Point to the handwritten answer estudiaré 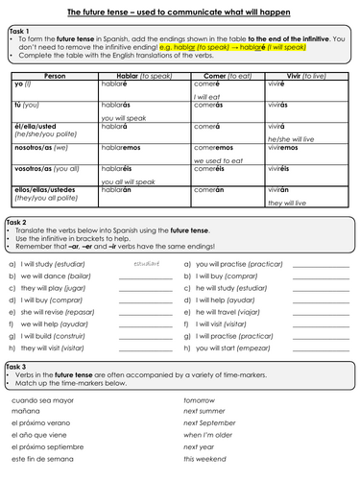(147, 261)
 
